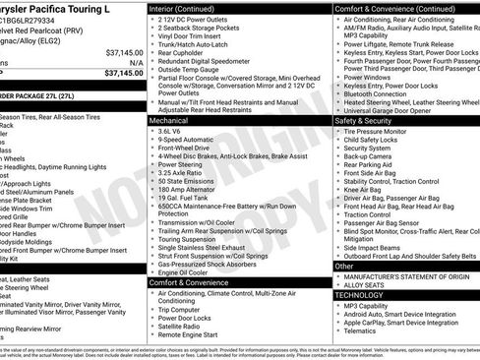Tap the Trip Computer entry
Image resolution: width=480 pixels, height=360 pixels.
click(181, 310)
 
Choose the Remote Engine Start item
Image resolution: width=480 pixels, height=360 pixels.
click(189, 335)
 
